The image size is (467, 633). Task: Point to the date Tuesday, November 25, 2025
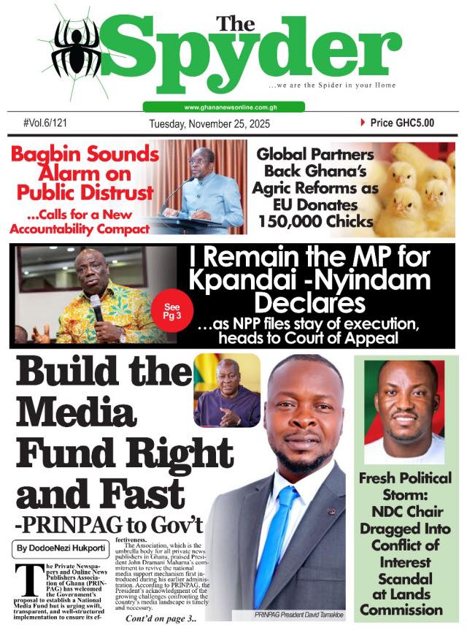(x=209, y=124)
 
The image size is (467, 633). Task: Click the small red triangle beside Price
(x=363, y=123)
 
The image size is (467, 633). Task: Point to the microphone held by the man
(x=96, y=307)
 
